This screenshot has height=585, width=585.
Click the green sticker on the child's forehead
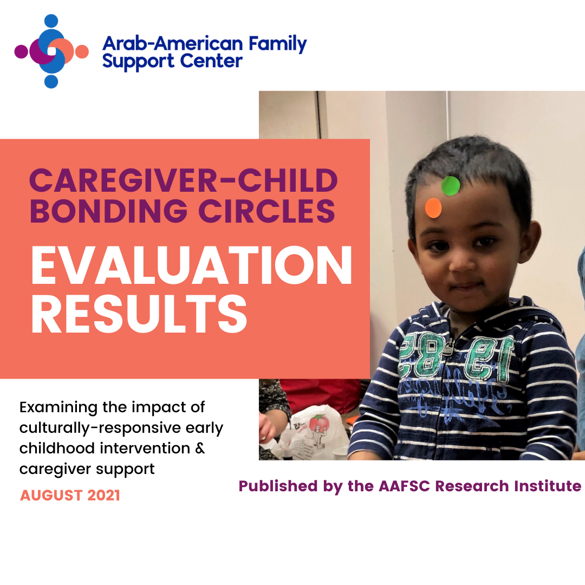450,186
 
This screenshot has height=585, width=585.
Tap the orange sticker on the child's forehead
433,208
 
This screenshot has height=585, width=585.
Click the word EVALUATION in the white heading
192,265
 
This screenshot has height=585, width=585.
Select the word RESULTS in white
139,314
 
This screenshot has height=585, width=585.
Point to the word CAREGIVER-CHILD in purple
184,180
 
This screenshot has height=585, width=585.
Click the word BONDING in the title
108,211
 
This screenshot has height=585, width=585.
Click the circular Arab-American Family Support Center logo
51,51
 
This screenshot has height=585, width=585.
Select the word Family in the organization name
277,44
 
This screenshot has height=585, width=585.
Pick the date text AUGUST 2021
70,496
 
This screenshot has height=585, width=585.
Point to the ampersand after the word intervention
200,448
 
